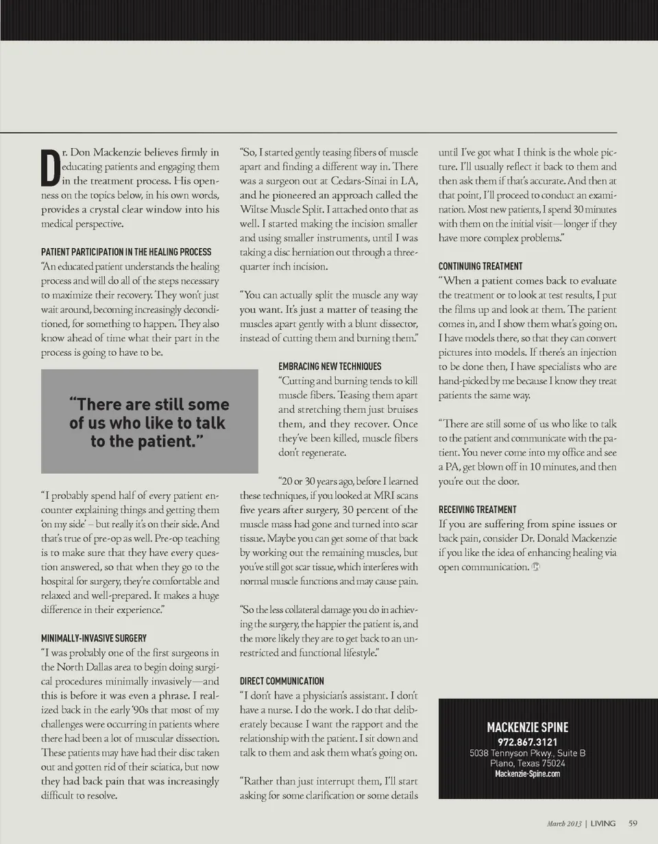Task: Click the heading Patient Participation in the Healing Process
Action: tap(126, 252)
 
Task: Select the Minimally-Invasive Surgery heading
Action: tap(94, 638)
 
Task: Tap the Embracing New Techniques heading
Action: tap(330, 367)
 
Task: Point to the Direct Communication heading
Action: tap(282, 682)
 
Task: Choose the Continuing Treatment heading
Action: tap(480, 266)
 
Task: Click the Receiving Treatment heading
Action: tap(478, 510)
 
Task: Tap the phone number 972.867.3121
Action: tap(527, 743)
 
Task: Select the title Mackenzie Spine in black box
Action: tap(527, 727)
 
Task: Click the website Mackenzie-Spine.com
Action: tap(527, 774)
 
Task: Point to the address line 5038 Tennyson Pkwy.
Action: tap(527, 753)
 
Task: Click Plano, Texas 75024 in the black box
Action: tap(527, 763)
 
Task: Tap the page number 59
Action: tap(633, 823)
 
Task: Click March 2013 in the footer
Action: tap(565, 823)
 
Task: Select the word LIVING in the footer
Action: tap(603, 823)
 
